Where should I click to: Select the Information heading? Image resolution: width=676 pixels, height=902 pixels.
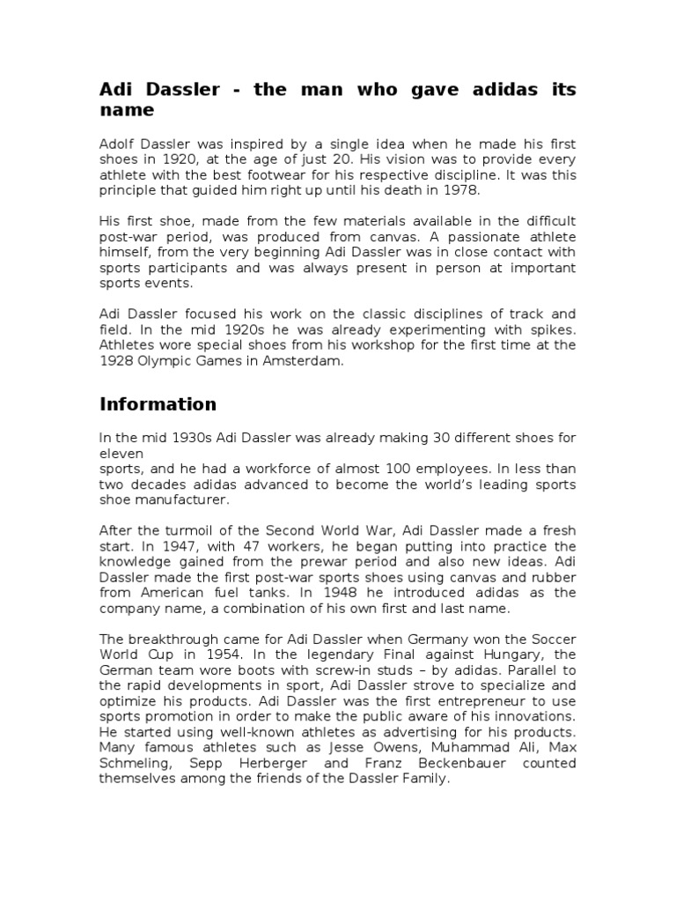tap(158, 404)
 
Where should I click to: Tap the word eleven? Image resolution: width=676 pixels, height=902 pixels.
tap(121, 454)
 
